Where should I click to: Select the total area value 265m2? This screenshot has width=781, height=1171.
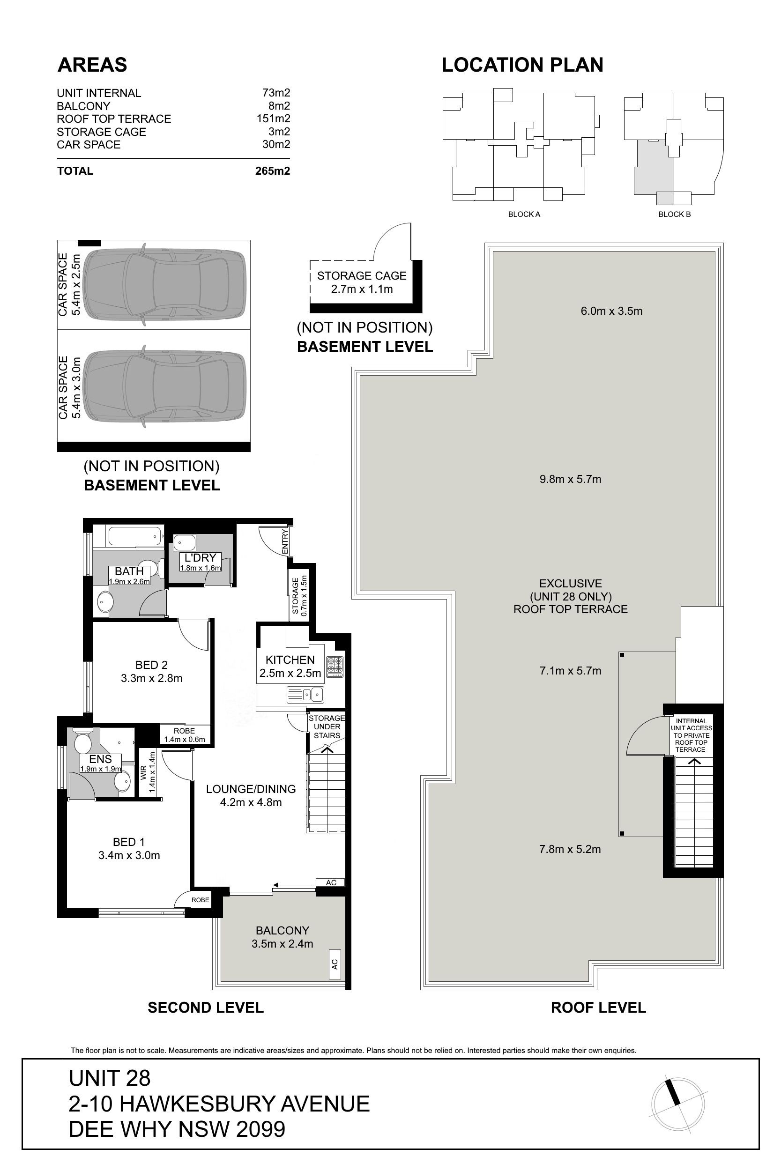pyautogui.click(x=273, y=171)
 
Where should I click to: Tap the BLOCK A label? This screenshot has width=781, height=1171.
pyautogui.click(x=524, y=214)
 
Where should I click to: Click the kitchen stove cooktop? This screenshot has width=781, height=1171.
pyautogui.click(x=335, y=667)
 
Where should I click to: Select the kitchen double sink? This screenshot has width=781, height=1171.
pyautogui.click(x=305, y=694)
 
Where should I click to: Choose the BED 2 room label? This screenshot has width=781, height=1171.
pyautogui.click(x=151, y=665)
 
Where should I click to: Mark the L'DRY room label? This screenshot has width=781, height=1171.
pyautogui.click(x=200, y=557)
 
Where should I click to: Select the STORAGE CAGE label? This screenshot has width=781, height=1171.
pyautogui.click(x=362, y=276)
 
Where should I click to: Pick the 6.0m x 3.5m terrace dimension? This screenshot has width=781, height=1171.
pyautogui.click(x=612, y=311)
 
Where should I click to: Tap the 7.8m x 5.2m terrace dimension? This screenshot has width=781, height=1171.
pyautogui.click(x=570, y=849)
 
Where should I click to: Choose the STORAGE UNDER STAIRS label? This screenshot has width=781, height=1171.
pyautogui.click(x=327, y=727)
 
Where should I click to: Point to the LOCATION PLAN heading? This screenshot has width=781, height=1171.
pyautogui.click(x=522, y=65)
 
